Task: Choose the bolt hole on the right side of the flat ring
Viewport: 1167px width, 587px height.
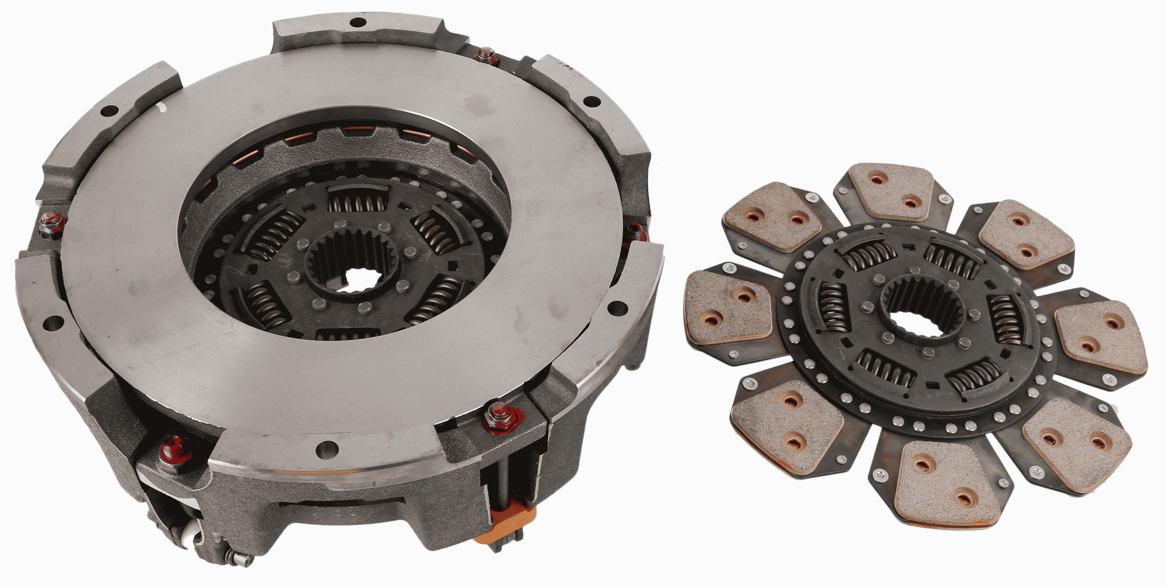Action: point(618,308)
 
